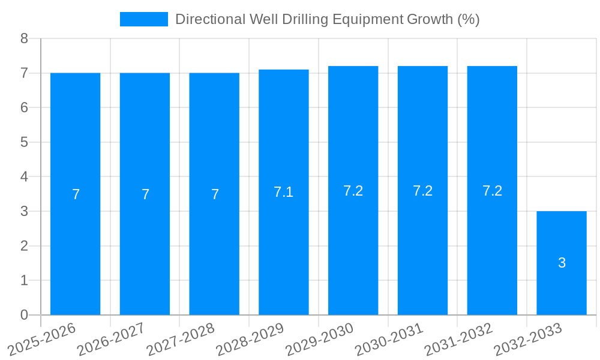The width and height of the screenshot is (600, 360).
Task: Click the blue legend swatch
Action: pyautogui.click(x=144, y=19)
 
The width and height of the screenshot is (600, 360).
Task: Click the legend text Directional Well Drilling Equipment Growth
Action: pyautogui.click(x=327, y=19)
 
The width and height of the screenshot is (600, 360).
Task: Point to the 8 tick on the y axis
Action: pyautogui.click(x=24, y=39)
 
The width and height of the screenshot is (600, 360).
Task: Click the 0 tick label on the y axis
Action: pyautogui.click(x=24, y=315)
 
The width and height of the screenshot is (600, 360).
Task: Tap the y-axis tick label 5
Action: pyautogui.click(x=24, y=142)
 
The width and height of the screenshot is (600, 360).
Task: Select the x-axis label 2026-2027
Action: pyautogui.click(x=111, y=338)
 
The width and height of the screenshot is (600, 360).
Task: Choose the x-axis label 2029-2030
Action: pyautogui.click(x=319, y=338)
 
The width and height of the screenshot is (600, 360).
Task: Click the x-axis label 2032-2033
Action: pyautogui.click(x=527, y=338)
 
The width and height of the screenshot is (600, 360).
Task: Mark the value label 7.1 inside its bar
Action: pyautogui.click(x=283, y=192)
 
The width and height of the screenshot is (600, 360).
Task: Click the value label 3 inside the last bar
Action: pyautogui.click(x=562, y=263)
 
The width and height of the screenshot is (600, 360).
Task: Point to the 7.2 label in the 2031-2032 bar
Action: pyautogui.click(x=492, y=191)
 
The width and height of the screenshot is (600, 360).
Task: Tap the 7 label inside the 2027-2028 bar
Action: pyautogui.click(x=215, y=194)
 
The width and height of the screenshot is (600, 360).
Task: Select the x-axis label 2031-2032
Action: pyautogui.click(x=458, y=338)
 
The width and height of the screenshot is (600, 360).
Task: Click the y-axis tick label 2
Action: pyautogui.click(x=24, y=246)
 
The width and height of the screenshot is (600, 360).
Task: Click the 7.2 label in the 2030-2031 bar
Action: pyautogui.click(x=422, y=191)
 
